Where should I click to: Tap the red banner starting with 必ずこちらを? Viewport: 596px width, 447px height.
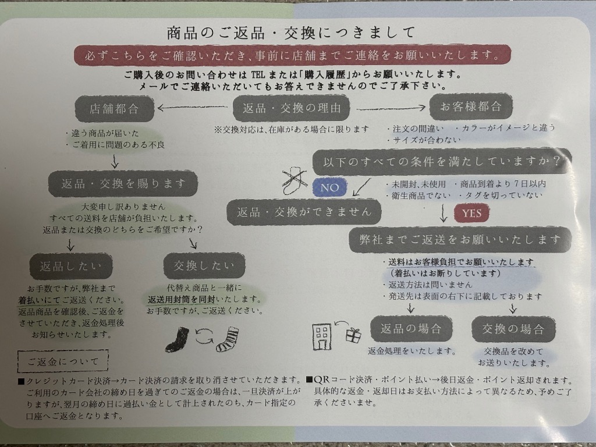(x=292, y=56)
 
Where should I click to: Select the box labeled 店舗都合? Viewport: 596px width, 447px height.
(x=115, y=108)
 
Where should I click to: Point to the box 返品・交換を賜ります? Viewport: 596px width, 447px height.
(x=123, y=183)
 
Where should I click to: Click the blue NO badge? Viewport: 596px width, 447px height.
(x=329, y=187)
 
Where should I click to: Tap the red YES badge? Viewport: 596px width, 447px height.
(x=471, y=213)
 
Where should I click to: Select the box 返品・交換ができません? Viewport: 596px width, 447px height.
(x=304, y=212)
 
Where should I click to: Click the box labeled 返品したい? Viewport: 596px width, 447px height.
(x=71, y=267)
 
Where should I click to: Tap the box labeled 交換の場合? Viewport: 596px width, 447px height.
(x=513, y=329)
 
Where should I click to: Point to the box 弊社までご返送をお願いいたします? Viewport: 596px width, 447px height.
(x=460, y=239)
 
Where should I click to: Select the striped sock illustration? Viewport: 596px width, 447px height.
(x=228, y=338)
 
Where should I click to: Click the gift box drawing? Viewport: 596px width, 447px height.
(x=353, y=335)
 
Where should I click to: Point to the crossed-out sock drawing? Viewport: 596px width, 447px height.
(x=295, y=177)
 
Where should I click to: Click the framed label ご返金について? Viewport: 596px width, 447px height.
(x=63, y=361)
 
